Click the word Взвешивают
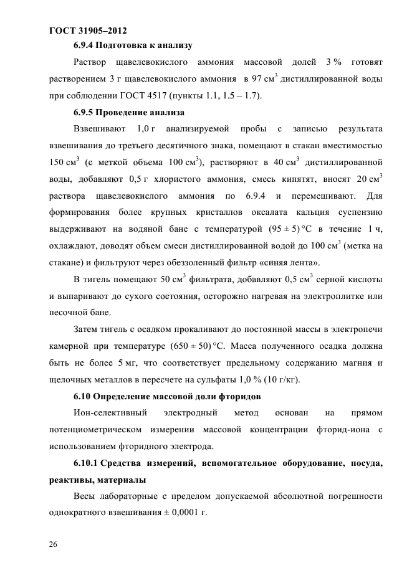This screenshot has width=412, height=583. (x=98, y=129)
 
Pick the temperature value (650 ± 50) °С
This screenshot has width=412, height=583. (x=201, y=345)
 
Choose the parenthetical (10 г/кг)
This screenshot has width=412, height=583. (x=293, y=379)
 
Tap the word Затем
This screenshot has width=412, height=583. (x=87, y=328)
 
